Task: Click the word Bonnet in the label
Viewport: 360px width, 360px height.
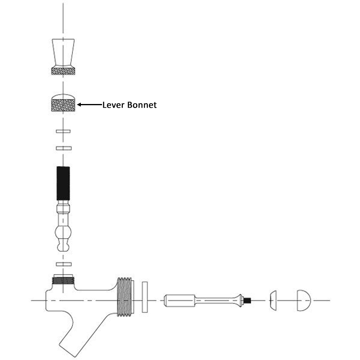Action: (x=142, y=105)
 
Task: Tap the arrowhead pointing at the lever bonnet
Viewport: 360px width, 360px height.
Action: (x=79, y=105)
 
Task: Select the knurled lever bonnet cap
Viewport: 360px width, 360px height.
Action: (x=63, y=103)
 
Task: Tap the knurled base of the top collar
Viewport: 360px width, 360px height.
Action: (x=63, y=70)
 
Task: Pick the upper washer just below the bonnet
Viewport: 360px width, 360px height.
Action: (x=63, y=131)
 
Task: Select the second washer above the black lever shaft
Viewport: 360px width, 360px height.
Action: (x=64, y=148)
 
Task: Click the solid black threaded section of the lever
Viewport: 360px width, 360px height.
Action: (x=63, y=183)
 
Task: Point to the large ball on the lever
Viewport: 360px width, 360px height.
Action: (x=63, y=232)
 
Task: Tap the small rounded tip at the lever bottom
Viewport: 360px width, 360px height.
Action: (x=63, y=246)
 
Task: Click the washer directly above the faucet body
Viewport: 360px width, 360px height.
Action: (x=64, y=264)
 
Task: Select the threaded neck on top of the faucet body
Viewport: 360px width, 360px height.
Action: (x=63, y=280)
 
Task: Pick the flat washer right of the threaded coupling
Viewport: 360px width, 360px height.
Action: (x=145, y=297)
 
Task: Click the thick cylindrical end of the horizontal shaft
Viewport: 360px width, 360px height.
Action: (x=180, y=300)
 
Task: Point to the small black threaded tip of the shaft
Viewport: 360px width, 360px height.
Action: (x=247, y=300)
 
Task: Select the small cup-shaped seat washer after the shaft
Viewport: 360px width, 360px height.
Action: (x=273, y=300)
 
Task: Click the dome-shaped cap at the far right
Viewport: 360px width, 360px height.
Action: (x=304, y=300)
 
